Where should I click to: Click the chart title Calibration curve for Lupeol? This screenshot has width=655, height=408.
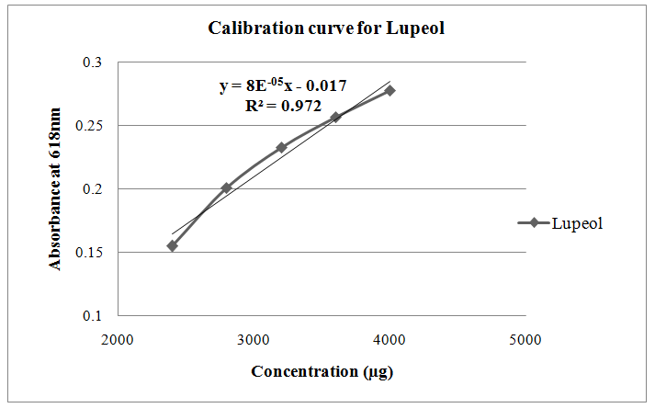pos(327,28)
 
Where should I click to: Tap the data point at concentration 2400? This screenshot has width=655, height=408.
pos(172,245)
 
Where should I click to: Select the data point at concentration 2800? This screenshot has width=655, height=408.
pos(226,187)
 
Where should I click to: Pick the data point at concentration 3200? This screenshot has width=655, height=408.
pos(281,147)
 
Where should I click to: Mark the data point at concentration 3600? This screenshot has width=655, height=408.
pos(335,117)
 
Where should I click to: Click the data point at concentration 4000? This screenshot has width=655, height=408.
pos(390,90)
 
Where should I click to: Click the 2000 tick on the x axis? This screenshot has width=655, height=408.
pos(118,339)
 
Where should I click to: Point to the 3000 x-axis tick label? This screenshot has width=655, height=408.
pos(254,339)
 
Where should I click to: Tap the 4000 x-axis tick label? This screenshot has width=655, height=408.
pos(390,339)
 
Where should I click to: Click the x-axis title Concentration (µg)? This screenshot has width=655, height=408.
pos(322,371)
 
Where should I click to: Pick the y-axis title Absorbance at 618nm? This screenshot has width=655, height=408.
pos(56,188)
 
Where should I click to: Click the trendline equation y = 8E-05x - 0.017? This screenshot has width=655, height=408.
pos(283,86)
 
